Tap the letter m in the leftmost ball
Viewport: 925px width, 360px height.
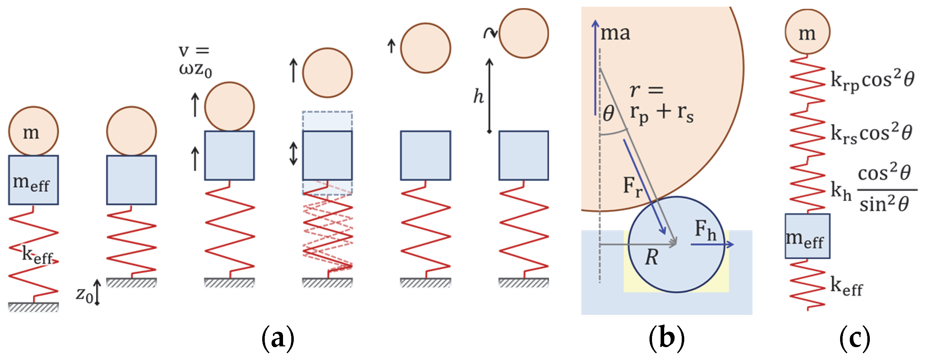click(31, 133)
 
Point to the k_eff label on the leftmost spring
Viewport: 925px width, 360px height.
click(37, 255)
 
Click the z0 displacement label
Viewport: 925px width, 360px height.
click(85, 294)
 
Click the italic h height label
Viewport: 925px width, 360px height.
click(478, 96)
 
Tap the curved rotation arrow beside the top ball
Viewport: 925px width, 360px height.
click(490, 33)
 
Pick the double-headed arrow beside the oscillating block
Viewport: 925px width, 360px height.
click(293, 153)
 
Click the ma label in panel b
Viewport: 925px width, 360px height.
click(615, 33)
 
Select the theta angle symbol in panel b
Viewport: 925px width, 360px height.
click(608, 114)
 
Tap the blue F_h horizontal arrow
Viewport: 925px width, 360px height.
click(712, 244)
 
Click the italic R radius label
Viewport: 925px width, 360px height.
click(651, 257)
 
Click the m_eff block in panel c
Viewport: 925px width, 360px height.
click(807, 236)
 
